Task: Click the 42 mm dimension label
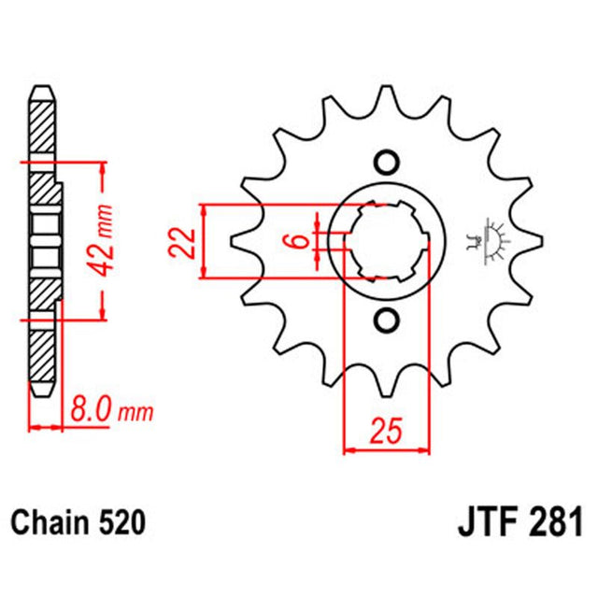point(107,240)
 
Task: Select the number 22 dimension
point(185,242)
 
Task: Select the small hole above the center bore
point(385,162)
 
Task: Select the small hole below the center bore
point(385,321)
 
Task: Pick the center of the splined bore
point(385,241)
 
